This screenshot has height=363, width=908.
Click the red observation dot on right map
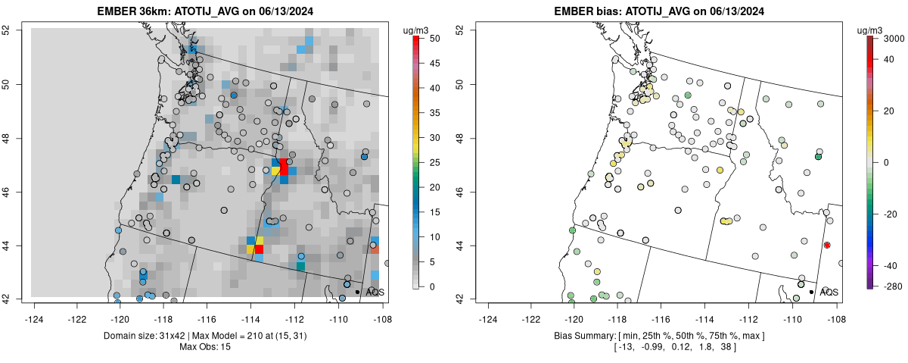point(827,245)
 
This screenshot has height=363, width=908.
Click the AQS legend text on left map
point(375,292)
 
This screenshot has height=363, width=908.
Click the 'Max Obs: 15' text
point(207,347)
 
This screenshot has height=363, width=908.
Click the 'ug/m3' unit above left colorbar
point(417,30)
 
